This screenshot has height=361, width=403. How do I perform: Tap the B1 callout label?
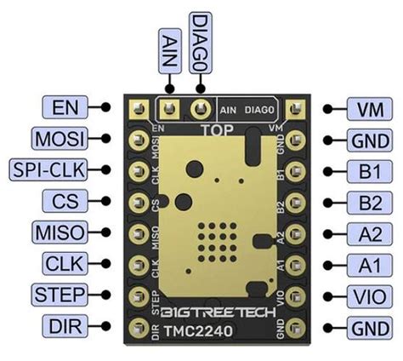369,171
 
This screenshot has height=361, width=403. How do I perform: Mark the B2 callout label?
369,202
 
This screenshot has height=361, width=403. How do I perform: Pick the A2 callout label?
369,232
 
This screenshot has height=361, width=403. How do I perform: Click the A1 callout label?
369,264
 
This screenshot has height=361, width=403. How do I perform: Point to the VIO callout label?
369,295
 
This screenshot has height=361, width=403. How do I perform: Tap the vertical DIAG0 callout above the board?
201,37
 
